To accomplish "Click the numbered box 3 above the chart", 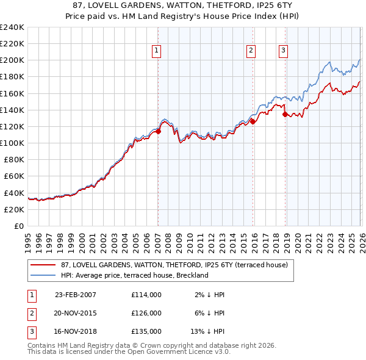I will tap(284, 51).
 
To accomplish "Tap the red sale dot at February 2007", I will tap(158, 131).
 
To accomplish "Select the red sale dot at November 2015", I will tap(253, 121).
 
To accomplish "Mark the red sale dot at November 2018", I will tap(285, 114).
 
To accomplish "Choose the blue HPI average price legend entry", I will tap(135, 275).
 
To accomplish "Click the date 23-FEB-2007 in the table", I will tap(76, 294).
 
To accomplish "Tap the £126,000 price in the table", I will tap(146, 312).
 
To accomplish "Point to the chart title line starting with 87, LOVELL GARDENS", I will tap(183, 5).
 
